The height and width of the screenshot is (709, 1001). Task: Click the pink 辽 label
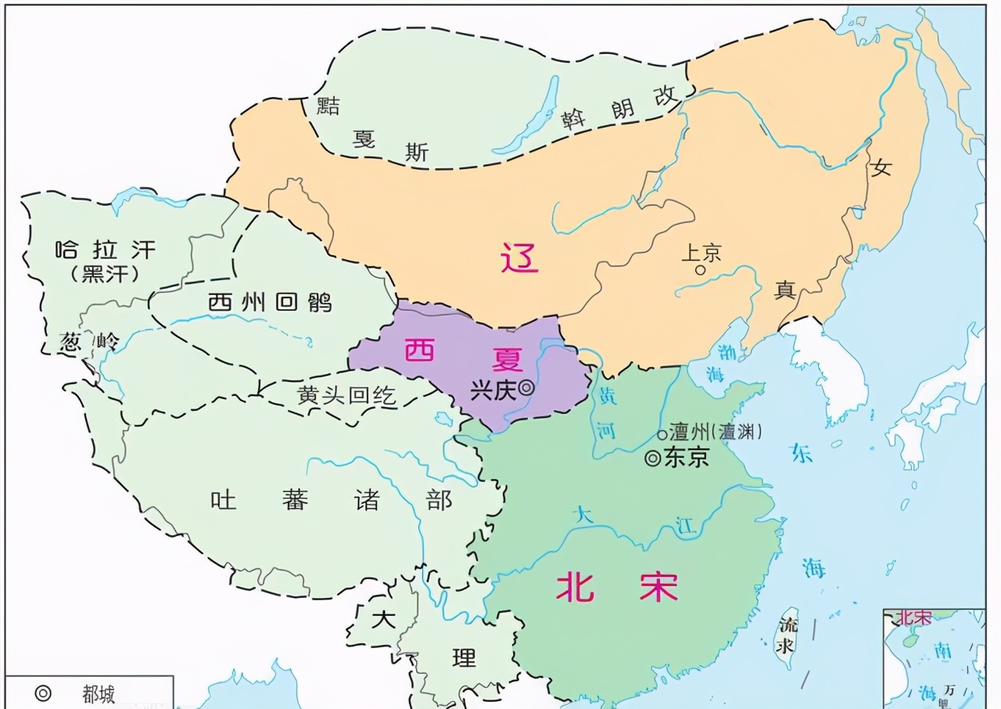click(519, 257)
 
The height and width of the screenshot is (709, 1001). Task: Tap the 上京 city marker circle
click(701, 270)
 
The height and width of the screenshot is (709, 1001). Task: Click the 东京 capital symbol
click(652, 459)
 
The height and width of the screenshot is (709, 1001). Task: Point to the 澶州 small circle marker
click(662, 434)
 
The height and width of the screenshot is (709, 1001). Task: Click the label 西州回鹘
click(270, 302)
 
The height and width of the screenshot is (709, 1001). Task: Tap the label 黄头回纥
click(346, 396)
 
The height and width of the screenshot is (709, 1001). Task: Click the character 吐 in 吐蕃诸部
click(224, 499)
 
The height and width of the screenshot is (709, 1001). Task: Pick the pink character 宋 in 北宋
click(658, 586)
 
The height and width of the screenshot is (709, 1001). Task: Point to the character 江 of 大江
click(686, 528)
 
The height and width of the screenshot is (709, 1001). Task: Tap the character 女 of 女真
click(882, 167)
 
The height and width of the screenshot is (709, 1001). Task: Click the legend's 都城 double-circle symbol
click(43, 693)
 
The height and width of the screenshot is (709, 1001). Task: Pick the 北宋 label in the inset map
click(914, 617)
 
